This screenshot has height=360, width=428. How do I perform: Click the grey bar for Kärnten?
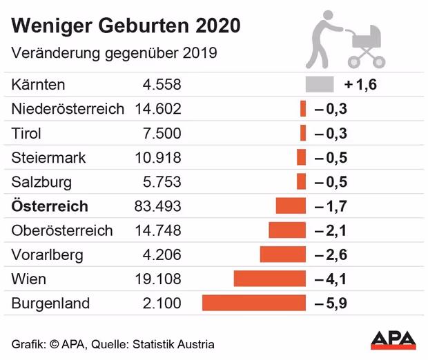tap(320, 85)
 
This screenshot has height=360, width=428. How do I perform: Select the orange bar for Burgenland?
tap(253, 303)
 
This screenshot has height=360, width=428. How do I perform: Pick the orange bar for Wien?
tap(269, 279)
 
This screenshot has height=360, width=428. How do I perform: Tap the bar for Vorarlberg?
tap(282, 254)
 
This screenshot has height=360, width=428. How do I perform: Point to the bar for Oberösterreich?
tap(286, 230)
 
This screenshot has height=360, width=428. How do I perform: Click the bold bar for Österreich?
tap(290, 206)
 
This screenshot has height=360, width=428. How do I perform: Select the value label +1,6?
tap(360, 86)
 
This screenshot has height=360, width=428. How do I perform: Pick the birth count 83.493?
tap(159, 206)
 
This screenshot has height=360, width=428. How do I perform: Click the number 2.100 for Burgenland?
tap(163, 303)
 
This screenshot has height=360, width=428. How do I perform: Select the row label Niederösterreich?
tap(68, 109)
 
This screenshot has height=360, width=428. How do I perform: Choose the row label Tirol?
tap(27, 133)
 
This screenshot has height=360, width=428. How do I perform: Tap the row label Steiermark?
tap(48, 158)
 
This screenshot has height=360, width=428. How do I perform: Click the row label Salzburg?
tap(41, 182)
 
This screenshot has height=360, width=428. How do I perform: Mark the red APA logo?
tap(393, 339)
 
